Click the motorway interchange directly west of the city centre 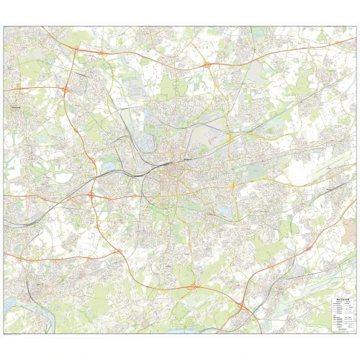[x=93, y=194]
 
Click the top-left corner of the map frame [x=4, y=27]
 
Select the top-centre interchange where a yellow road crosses [x=207, y=66]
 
